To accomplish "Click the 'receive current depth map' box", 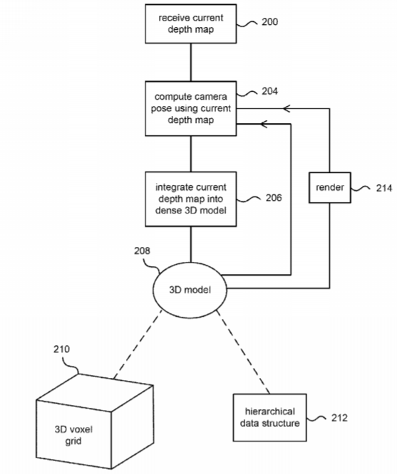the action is click(191, 23).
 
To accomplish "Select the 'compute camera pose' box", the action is click(191, 108).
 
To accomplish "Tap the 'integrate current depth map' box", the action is click(191, 199).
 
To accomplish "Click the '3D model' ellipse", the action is click(190, 290).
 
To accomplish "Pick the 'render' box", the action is click(330, 187).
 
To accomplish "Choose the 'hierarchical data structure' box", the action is click(270, 418).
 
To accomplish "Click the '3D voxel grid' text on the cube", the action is click(73, 435).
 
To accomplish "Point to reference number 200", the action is click(269, 22).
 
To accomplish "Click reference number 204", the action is click(269, 91).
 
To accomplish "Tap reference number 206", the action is click(274, 198).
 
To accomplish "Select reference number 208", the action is click(142, 251).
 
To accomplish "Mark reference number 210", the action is click(61, 349).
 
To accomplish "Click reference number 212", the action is click(339, 418).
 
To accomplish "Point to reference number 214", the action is click(384, 188).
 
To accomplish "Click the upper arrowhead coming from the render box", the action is click(287, 108).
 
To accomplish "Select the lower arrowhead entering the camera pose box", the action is click(264, 124).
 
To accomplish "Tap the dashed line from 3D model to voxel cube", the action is click(138, 344).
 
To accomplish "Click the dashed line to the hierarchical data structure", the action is click(242, 352).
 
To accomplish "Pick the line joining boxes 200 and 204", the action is click(191, 62).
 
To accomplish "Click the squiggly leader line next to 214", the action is click(361, 189).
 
